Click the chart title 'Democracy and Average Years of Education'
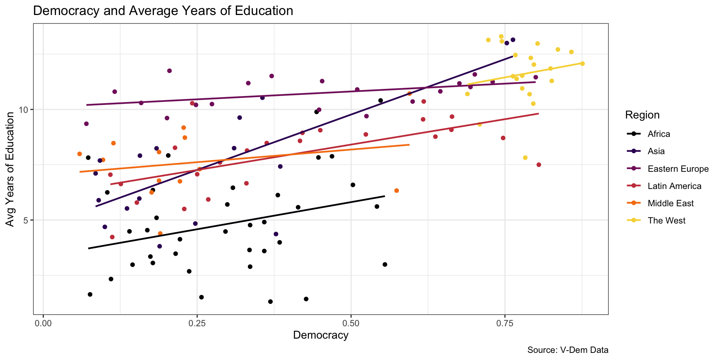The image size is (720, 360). click(x=163, y=10)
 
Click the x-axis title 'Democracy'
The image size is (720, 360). click(x=321, y=335)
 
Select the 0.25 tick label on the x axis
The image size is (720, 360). click(x=197, y=324)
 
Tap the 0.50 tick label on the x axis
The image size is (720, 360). click(x=351, y=324)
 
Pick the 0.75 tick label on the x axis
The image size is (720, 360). click(x=504, y=324)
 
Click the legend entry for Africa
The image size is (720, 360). click(x=658, y=134)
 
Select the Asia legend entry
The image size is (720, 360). click(x=656, y=151)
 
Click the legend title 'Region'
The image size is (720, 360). click(x=642, y=115)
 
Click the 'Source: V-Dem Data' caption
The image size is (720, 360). click(x=568, y=350)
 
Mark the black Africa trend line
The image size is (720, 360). click(x=236, y=222)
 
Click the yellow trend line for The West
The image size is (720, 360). click(x=525, y=73)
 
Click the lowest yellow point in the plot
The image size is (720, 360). click(x=525, y=157)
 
